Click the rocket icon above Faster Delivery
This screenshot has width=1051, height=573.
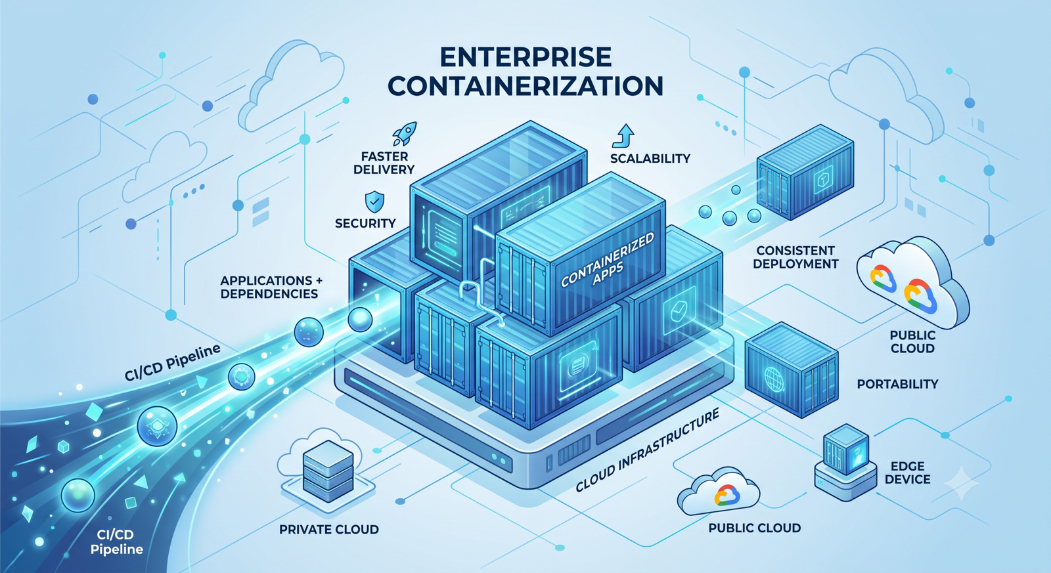(405, 134)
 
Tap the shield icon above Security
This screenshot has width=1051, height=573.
(374, 202)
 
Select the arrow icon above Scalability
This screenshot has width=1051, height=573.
(623, 136)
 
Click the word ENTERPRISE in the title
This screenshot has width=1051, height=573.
(526, 57)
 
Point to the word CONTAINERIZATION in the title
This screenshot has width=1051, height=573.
(525, 86)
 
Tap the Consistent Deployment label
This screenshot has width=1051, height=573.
(795, 257)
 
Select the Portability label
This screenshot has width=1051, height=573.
(897, 384)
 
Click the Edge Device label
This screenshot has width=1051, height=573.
(907, 473)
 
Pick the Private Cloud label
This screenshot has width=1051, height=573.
(329, 530)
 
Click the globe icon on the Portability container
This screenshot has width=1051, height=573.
(774, 379)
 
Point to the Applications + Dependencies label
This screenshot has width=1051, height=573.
(271, 287)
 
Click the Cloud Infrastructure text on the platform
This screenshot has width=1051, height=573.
(647, 450)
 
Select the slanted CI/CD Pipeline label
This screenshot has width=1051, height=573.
(172, 363)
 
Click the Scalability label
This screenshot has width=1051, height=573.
(650, 158)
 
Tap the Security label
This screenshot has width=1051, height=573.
(365, 223)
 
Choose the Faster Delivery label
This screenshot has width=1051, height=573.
(384, 163)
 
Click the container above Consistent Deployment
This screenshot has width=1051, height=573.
(805, 171)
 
